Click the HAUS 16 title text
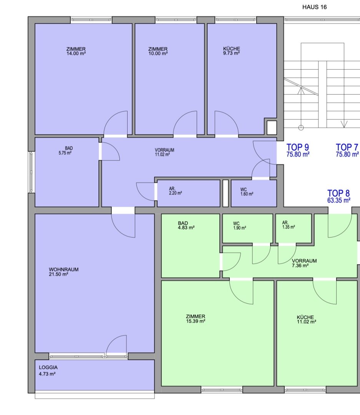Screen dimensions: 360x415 pyautogui.click(x=314, y=7)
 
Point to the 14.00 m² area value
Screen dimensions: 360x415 pyautogui.click(x=76, y=53)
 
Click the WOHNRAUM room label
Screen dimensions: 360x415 pyautogui.click(x=63, y=269)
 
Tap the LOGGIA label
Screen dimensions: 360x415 pyautogui.click(x=48, y=367)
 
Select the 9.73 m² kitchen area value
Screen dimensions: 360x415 pyautogui.click(x=231, y=53)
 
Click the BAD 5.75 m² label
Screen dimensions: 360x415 pyautogui.click(x=65, y=151)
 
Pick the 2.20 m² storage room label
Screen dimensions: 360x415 pyautogui.click(x=175, y=191)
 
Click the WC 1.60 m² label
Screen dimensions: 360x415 pyautogui.click(x=247, y=192)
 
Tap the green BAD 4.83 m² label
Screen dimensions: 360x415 pyautogui.click(x=186, y=225)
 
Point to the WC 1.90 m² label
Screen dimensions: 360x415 pyautogui.click(x=240, y=226)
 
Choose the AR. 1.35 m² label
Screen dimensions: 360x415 pyautogui.click(x=289, y=225)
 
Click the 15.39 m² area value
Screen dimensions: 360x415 pyautogui.click(x=196, y=321)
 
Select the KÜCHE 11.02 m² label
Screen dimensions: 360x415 pyautogui.click(x=306, y=319)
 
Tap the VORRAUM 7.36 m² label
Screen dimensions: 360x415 pyautogui.click(x=304, y=263)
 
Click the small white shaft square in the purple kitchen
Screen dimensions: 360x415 pyautogui.click(x=272, y=128)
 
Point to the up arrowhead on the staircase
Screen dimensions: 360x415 pyautogui.click(x=301, y=91)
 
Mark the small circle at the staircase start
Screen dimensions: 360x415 pyautogui.click(x=301, y=128)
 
